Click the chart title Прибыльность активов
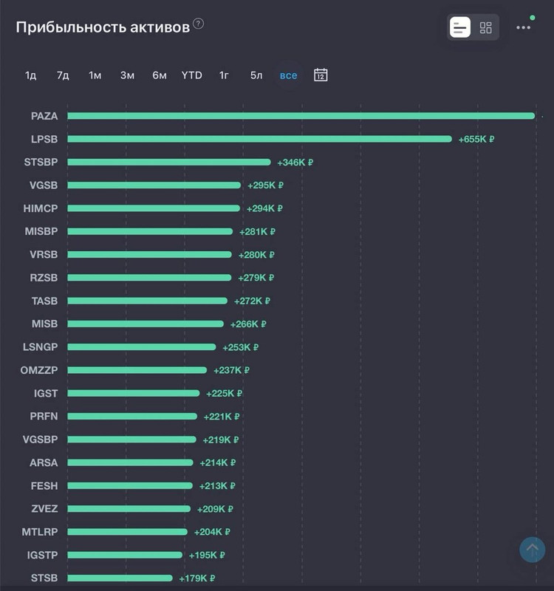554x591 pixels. [103, 27]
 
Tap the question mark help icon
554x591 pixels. [198, 24]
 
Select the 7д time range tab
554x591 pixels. [63, 75]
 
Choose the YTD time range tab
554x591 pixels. [191, 75]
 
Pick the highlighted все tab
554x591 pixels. [288, 75]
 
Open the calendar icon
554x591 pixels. [321, 75]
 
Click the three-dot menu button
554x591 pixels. [524, 28]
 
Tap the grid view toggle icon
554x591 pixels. [485, 28]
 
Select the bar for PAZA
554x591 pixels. [301, 116]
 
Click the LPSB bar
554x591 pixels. [259, 139]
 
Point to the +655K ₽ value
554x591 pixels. [476, 139]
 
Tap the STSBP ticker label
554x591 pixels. [41, 162]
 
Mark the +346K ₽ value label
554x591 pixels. [295, 163]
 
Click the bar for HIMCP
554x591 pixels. [154, 208]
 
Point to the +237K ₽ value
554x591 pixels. [231, 370]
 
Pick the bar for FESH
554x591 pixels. [130, 486]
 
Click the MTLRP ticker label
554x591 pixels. [40, 532]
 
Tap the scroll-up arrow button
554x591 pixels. [532, 549]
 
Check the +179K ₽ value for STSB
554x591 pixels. [196, 578]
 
